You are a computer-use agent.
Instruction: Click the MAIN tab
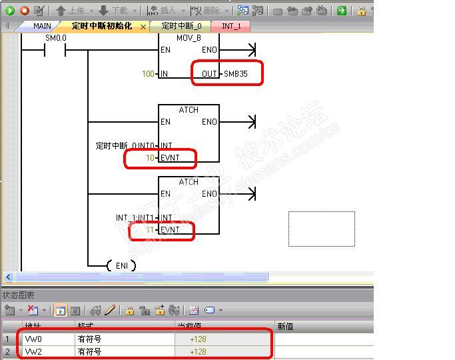pyautogui.click(x=42, y=26)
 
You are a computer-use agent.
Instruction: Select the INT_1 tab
pyautogui.click(x=231, y=26)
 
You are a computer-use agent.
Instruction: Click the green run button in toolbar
pyautogui.click(x=10, y=10)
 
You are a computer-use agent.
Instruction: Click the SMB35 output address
pyautogui.click(x=235, y=73)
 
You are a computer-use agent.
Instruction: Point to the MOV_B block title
pyautogui.click(x=189, y=38)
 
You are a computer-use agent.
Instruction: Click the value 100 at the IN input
pyautogui.click(x=147, y=73)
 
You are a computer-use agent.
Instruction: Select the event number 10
pyautogui.click(x=149, y=157)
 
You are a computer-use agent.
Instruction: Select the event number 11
pyautogui.click(x=149, y=230)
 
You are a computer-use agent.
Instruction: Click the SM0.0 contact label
pyautogui.click(x=56, y=38)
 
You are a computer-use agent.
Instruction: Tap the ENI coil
pyautogui.click(x=121, y=265)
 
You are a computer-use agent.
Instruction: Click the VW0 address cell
pyautogui.click(x=33, y=339)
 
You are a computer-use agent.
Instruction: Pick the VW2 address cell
pyautogui.click(x=33, y=351)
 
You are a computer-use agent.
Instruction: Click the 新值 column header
pyautogui.click(x=285, y=327)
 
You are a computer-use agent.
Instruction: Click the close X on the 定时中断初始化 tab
pyautogui.click(x=143, y=27)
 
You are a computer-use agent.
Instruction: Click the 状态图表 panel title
pyautogui.click(x=19, y=295)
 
